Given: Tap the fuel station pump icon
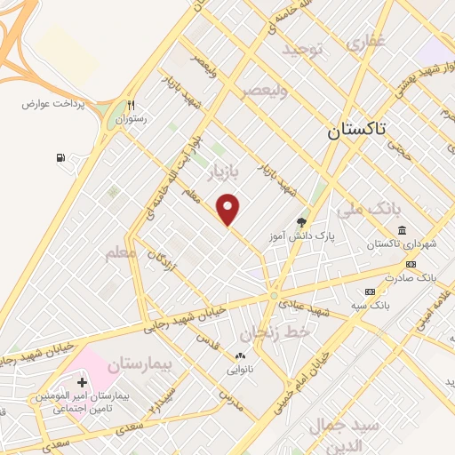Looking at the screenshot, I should click(x=60, y=158).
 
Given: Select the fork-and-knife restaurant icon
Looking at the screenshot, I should click(x=132, y=104).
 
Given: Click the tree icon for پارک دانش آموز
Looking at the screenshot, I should click(x=302, y=223).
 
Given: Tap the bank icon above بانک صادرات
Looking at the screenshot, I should click(x=411, y=264).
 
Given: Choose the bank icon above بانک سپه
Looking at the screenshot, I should click(x=370, y=291).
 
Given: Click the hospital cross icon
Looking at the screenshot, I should click(x=83, y=382).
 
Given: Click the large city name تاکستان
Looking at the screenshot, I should click(x=357, y=130).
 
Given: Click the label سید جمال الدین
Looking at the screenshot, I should click(x=342, y=433).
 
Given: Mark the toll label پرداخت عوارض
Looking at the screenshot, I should click(x=53, y=103).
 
